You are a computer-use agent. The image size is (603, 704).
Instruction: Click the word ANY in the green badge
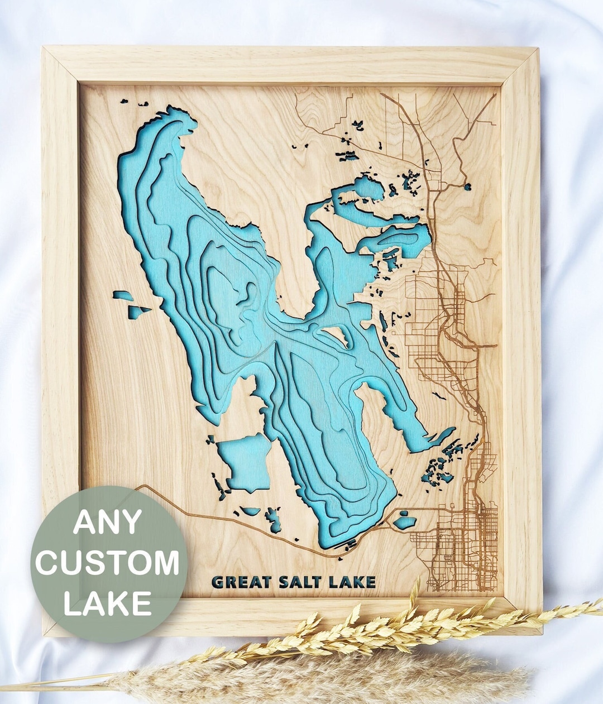(107, 522)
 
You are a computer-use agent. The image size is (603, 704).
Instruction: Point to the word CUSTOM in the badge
(107, 563)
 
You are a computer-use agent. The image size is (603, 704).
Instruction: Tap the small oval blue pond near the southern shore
(404, 522)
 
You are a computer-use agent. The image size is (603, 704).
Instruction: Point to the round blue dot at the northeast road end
(467, 187)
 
